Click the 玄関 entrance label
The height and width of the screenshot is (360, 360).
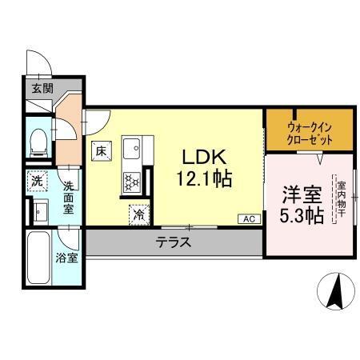tap(42, 89)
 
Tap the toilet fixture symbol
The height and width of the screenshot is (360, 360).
tap(38, 143)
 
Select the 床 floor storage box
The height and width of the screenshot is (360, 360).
tap(102, 150)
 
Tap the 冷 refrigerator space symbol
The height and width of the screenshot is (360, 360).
tap(138, 214)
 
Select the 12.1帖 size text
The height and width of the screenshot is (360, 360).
tap(204, 179)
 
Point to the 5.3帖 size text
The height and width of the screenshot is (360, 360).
tap(301, 215)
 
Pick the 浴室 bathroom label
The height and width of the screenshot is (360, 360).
tap(67, 258)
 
